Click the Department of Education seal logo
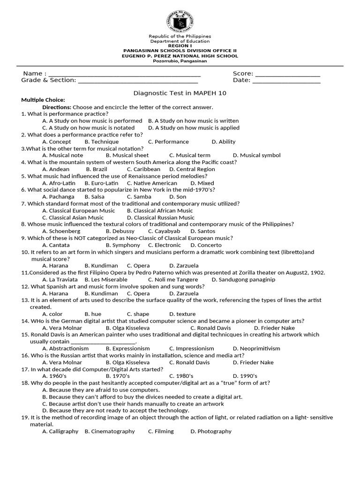tap(180, 20)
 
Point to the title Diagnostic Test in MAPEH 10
tap(180, 93)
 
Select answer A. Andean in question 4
tap(56, 169)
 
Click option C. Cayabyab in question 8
tap(164, 231)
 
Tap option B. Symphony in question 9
tap(123, 245)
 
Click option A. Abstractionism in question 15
tap(65, 349)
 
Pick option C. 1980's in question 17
tap(181, 376)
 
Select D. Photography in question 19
tap(211, 431)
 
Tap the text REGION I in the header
tap(180, 45)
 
